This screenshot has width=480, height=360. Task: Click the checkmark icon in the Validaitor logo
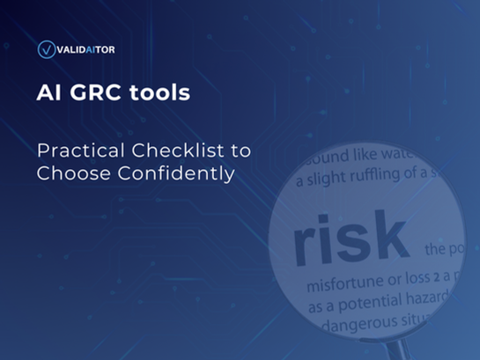tap(46, 49)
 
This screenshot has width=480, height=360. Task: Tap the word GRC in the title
tap(108, 92)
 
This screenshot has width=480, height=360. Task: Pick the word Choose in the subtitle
tap(65, 173)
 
